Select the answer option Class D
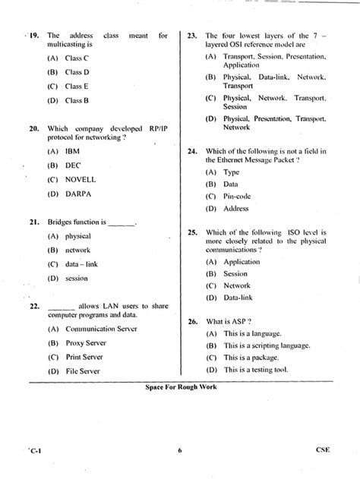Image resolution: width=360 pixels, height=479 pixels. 77,72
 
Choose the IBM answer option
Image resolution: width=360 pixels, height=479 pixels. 73,151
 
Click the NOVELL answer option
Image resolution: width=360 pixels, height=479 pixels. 82,179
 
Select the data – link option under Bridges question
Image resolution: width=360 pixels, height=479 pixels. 83,264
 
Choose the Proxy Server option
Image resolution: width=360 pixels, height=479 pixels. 86,343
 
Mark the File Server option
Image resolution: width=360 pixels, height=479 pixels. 83,371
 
